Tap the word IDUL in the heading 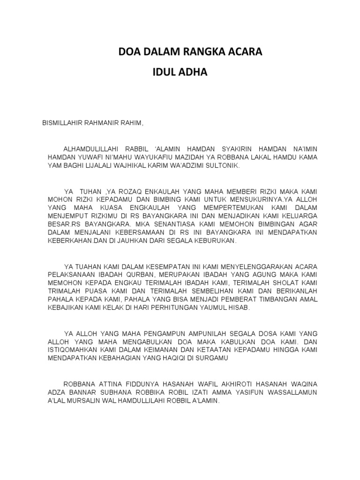[x=167, y=73]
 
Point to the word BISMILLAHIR [x=63, y=123]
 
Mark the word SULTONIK [x=223, y=166]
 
